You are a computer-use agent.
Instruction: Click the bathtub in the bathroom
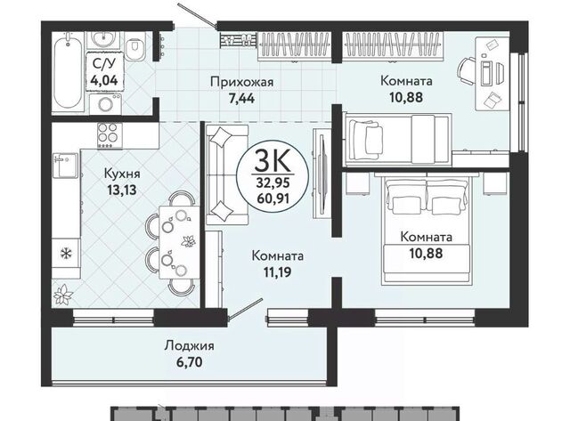(68, 71)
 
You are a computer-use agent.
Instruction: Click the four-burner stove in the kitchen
(110, 135)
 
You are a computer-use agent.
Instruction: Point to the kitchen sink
(65, 166)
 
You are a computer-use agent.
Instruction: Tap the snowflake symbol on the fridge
(65, 253)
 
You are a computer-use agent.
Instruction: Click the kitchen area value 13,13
(122, 190)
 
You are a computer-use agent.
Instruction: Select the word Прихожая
(241, 83)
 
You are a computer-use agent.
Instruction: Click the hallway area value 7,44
(241, 99)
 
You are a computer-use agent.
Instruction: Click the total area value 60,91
(273, 198)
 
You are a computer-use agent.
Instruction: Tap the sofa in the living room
(227, 174)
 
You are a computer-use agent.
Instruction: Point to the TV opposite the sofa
(322, 174)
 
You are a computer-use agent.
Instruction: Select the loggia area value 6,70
(189, 361)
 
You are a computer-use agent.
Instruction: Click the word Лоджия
(189, 346)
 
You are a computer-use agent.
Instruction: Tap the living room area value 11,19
(277, 271)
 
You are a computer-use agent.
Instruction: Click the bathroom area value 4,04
(104, 79)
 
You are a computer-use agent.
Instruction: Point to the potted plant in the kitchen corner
(63, 295)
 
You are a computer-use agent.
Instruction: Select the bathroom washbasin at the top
(103, 39)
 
